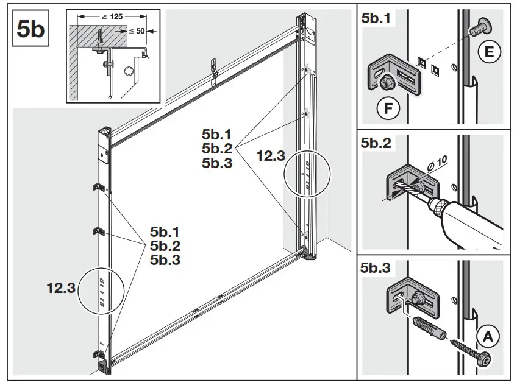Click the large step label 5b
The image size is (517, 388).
tap(30, 29)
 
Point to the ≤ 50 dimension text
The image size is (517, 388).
tap(136, 29)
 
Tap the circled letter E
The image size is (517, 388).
tap(489, 53)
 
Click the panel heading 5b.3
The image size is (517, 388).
tap(377, 267)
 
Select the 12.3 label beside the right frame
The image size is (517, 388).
tap(269, 156)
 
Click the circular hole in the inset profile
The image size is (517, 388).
tap(127, 72)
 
